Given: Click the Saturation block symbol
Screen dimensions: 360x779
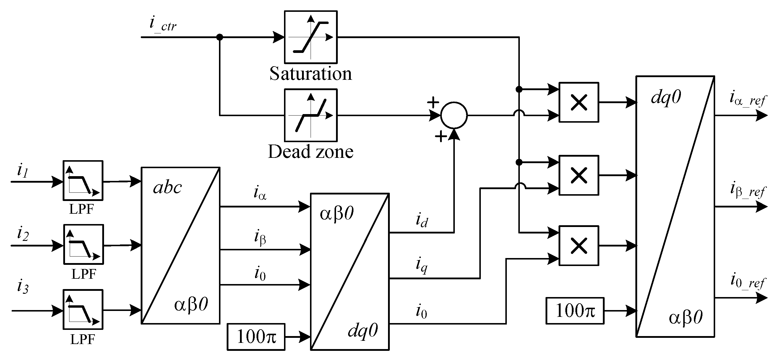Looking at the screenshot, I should [x=311, y=37].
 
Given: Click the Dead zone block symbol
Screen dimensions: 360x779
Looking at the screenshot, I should [x=311, y=115].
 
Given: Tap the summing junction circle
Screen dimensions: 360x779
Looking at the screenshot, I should [x=454, y=115].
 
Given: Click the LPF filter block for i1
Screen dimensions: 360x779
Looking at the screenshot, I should [x=83, y=181].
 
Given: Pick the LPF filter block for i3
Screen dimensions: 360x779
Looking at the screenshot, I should [x=83, y=309].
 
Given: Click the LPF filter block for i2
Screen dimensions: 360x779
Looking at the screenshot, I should [x=83, y=244].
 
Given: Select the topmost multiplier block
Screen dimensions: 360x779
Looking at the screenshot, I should [x=579, y=102].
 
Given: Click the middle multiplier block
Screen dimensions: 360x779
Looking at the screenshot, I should [x=579, y=176].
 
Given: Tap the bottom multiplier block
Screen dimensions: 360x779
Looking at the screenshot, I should [x=579, y=246].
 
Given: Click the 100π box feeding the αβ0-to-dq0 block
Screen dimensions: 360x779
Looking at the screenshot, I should [x=256, y=337].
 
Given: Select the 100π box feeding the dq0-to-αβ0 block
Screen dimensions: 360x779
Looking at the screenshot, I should [x=575, y=311].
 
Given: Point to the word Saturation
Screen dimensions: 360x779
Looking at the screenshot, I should [x=311, y=74].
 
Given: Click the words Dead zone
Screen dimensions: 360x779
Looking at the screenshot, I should [x=311, y=152].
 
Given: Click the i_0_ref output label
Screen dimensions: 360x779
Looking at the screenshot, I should [x=747, y=281].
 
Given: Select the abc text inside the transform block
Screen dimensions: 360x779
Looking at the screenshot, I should [x=167, y=188].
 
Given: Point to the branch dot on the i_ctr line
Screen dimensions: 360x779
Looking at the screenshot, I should [x=220, y=37].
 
